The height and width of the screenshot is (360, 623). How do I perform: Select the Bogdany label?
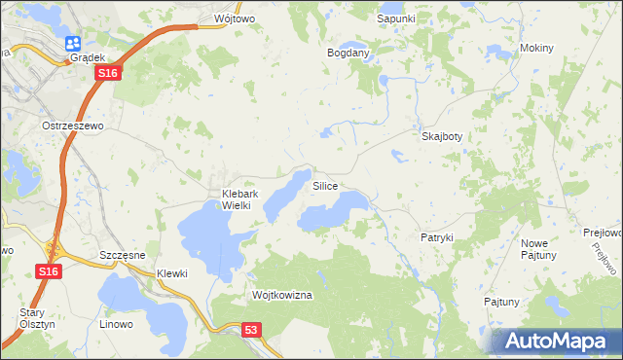[348, 53]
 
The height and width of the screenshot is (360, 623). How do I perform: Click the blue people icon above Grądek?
[74, 43]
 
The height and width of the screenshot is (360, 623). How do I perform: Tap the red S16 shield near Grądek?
[109, 73]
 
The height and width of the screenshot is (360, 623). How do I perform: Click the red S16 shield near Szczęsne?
[51, 272]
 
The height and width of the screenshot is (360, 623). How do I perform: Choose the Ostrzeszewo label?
[72, 126]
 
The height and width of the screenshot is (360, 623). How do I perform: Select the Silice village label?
[325, 185]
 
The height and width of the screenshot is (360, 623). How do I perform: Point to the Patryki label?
[437, 237]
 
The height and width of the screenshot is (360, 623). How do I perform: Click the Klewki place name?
[171, 273]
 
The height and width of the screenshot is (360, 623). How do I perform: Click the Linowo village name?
[117, 322]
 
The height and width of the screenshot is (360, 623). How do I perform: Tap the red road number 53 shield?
[253, 331]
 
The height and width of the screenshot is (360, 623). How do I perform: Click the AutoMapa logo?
[557, 341]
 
